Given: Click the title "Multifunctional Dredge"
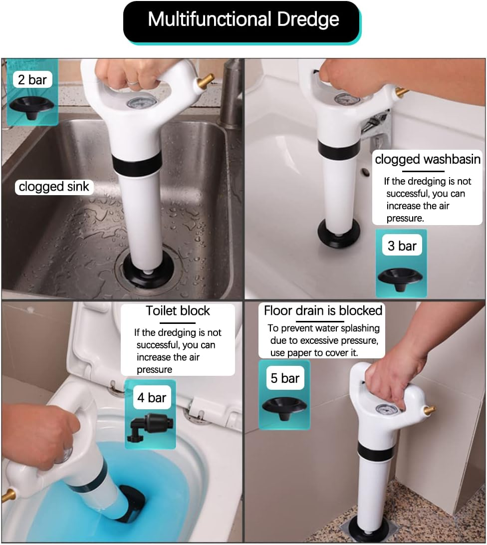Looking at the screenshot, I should click(243, 20).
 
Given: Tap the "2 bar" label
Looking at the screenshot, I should click(32, 79).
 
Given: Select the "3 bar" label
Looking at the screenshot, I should click(402, 246).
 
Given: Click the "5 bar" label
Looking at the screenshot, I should click(284, 378).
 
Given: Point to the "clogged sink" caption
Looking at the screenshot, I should click(54, 187).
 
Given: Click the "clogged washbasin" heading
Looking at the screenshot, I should click(428, 159).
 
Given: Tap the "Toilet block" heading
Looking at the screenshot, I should click(178, 310).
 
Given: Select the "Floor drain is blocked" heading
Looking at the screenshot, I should click(323, 310).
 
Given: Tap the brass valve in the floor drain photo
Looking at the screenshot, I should click(428, 410).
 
